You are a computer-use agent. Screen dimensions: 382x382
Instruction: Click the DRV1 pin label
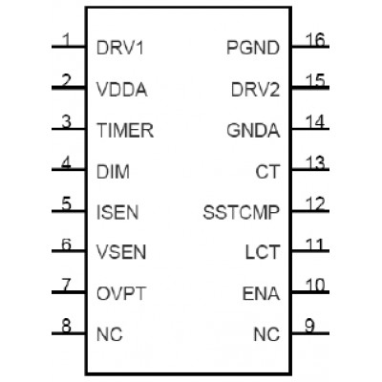[x=120, y=48]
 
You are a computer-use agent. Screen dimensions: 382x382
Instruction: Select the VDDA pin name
[x=121, y=90]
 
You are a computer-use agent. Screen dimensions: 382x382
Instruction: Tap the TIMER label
[x=125, y=131]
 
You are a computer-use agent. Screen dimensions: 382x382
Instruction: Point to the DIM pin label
[x=113, y=172]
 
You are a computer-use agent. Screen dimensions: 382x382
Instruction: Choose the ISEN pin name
[x=117, y=213]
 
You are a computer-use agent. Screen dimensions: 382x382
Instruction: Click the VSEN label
[x=121, y=252]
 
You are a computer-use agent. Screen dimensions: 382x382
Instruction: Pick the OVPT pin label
[x=121, y=293]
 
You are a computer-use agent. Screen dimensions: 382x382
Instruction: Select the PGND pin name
[x=253, y=48]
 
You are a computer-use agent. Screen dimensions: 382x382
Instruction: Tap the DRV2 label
[x=255, y=90]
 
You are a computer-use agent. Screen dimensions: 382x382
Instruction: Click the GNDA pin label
[x=253, y=131]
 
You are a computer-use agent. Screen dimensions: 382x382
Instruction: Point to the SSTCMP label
[x=242, y=213]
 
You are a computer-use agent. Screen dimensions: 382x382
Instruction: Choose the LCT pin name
[x=263, y=252]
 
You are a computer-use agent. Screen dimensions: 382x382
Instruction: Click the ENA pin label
[x=261, y=293]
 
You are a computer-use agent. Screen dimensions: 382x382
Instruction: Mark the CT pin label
[x=267, y=172]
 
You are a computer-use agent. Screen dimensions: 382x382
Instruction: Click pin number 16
[x=315, y=40]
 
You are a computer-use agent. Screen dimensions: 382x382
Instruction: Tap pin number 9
[x=309, y=326]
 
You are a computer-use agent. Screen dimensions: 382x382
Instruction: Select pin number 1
[x=67, y=40]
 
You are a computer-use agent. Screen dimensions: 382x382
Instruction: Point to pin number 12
[x=315, y=204]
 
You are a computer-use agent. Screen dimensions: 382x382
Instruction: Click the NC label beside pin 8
[x=110, y=334]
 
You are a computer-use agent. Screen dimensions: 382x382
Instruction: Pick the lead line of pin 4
[x=69, y=170]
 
